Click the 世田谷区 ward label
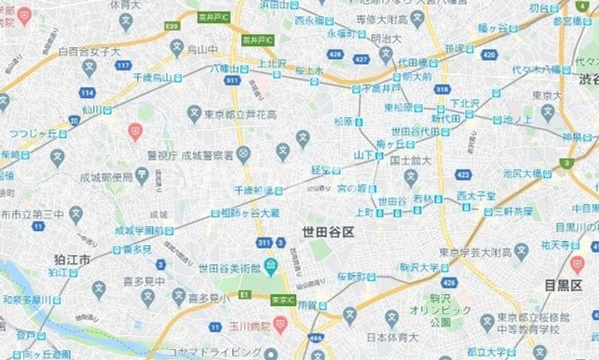pyautogui.click(x=328, y=232)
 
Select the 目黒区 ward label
pyautogui.click(x=563, y=286)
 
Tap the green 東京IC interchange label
pyautogui.click(x=283, y=300)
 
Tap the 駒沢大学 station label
pyautogui.click(x=419, y=267)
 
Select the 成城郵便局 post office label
pyautogui.click(x=113, y=176)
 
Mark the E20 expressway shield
pyautogui.click(x=172, y=27)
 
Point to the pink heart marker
pyautogui.click(x=135, y=131)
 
